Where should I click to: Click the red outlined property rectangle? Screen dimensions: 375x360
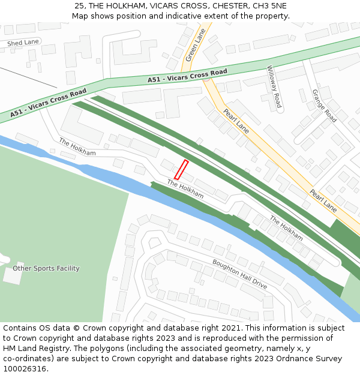tap(181, 170)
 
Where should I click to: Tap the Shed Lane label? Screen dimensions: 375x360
tap(23, 43)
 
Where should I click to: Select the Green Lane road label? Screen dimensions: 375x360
tap(196, 45)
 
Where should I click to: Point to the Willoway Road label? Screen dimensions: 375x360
tap(274, 87)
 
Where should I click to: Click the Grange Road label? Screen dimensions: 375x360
tap(324, 106)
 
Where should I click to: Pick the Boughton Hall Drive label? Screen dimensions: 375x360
tap(239, 274)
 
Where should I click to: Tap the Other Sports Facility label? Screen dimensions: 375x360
tap(46, 268)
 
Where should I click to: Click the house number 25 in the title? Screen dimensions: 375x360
tap(79, 5)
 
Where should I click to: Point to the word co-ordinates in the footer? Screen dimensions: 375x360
tap(27, 359)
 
